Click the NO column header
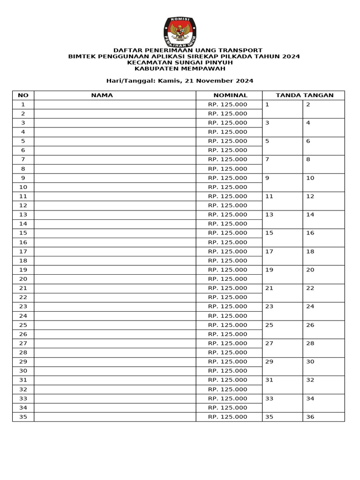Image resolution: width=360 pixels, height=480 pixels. tap(23, 95)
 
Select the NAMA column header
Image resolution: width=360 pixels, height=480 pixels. tap(102, 95)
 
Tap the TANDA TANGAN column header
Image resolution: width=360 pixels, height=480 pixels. tap(305, 95)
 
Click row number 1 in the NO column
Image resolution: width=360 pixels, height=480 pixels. tap(23, 105)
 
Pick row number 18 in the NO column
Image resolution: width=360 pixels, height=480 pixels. tap(23, 261)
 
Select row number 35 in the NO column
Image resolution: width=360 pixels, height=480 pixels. tap(23, 417)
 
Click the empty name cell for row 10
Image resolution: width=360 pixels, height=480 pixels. tap(115, 187)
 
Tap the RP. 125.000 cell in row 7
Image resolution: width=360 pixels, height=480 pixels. tap(228, 159)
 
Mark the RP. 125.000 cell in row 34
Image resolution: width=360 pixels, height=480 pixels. tap(228, 407)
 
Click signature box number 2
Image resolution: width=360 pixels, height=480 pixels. tap(323, 109)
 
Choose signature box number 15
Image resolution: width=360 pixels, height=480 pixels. tap(282, 238)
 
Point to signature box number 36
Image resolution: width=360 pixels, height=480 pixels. tap(323, 417)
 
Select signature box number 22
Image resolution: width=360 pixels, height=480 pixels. tap(323, 293)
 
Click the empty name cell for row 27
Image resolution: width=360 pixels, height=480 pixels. tap(115, 343)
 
